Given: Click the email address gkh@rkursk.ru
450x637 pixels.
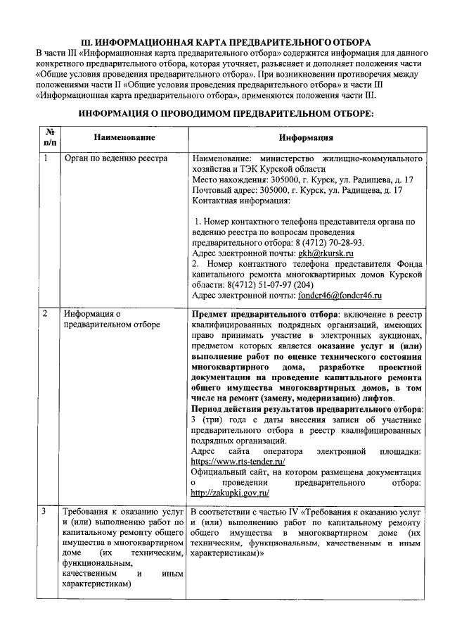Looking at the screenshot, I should pos(326,252).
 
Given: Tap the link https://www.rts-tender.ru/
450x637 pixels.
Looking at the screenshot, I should pos(238,461).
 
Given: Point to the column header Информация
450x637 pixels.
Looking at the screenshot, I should pos(306,137).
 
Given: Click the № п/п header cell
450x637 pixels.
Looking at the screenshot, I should pos(50,137).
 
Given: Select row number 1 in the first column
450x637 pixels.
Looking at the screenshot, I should pos(46,158).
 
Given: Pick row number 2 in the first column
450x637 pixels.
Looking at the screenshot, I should pos(46,314).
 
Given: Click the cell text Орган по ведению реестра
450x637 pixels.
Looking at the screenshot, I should pos(115,158).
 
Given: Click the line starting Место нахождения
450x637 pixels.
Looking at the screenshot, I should pos(302,179).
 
